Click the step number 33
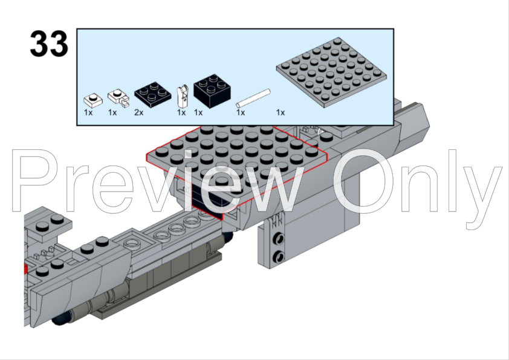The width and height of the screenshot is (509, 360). (x=49, y=43)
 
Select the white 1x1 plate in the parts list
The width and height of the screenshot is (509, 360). (x=93, y=100)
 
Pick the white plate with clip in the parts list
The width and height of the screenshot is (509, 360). (x=118, y=98)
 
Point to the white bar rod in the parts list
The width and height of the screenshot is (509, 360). (x=253, y=98)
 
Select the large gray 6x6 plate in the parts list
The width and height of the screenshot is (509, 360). (x=332, y=72)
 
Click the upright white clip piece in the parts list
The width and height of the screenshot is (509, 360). (x=183, y=96)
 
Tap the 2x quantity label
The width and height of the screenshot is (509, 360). (x=138, y=112)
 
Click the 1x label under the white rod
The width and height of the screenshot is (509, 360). (x=241, y=112)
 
